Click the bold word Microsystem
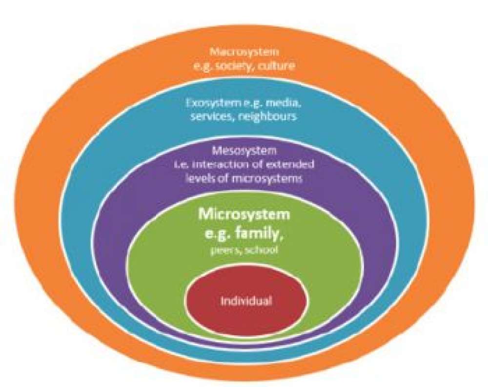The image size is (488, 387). [244, 214]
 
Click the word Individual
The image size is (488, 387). [246, 301]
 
